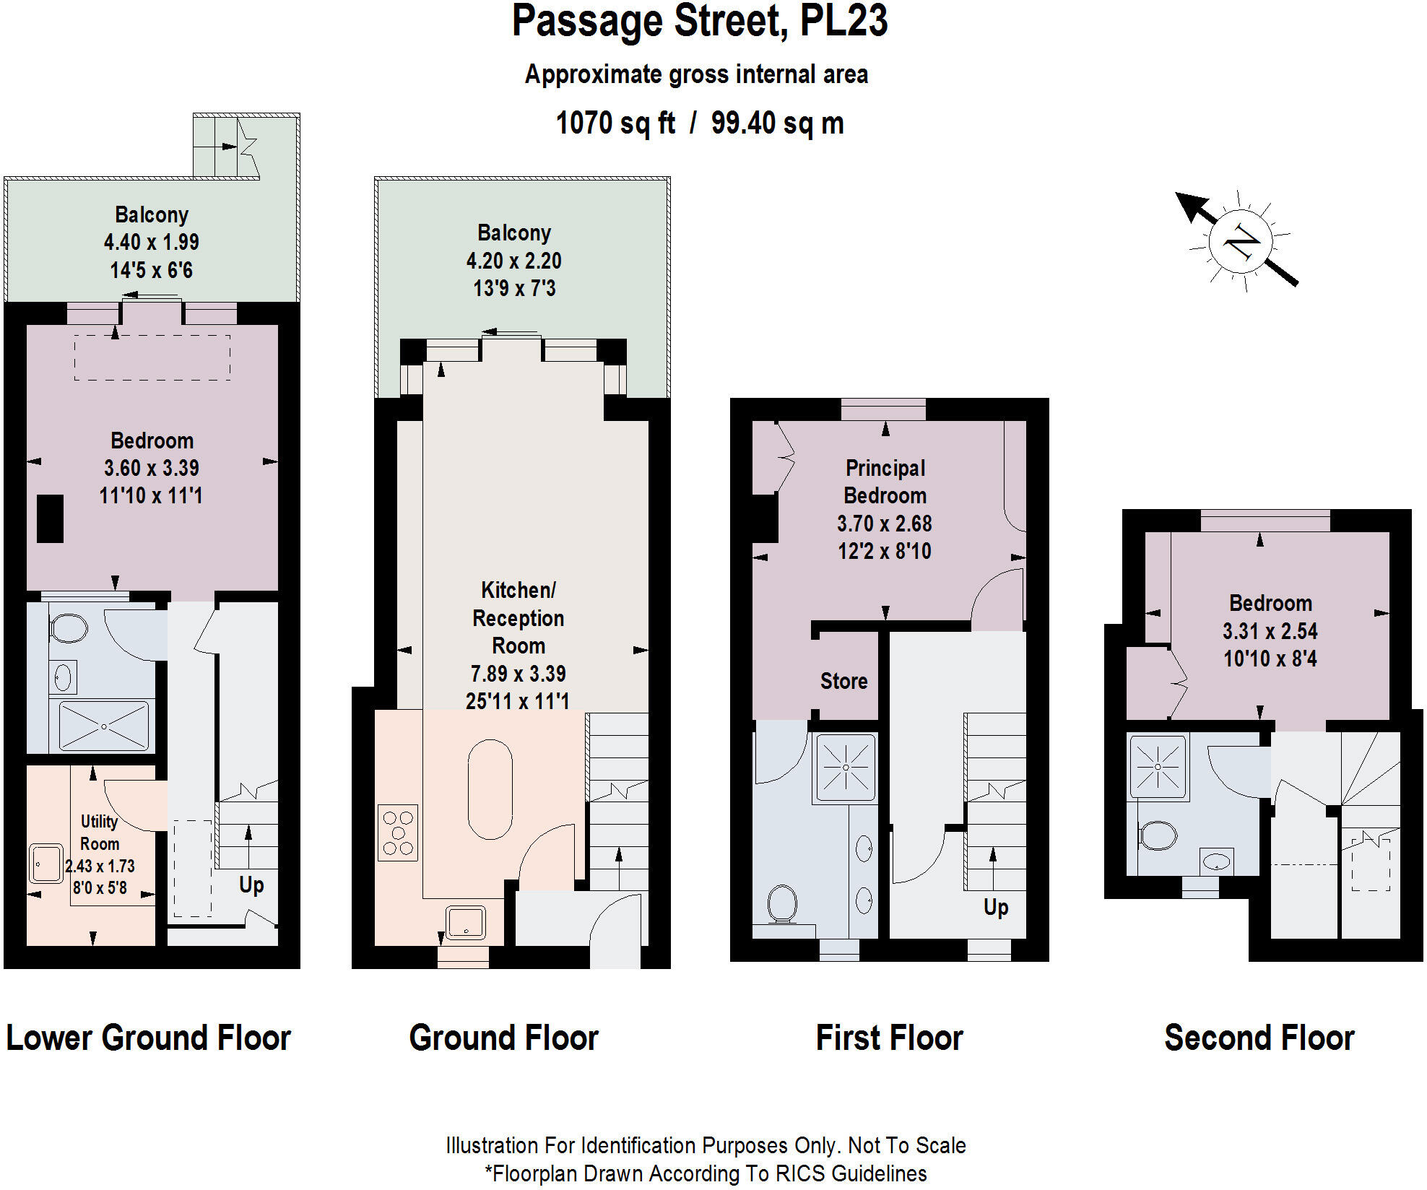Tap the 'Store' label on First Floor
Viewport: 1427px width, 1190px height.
[843, 681]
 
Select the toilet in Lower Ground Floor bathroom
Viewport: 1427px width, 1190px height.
[69, 628]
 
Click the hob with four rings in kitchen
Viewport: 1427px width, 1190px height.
[398, 833]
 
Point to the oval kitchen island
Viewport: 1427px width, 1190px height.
[490, 789]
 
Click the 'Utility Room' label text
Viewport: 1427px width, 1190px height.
[99, 833]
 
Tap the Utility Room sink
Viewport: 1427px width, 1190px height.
[46, 864]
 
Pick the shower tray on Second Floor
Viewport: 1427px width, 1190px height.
[1158, 766]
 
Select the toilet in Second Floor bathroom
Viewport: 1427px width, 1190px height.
[1158, 836]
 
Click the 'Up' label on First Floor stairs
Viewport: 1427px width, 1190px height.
[996, 907]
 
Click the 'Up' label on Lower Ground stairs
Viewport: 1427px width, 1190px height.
[251, 885]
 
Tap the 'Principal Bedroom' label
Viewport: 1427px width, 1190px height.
[885, 482]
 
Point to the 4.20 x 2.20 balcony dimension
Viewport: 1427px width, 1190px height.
[513, 261]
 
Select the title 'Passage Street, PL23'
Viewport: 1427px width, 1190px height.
[699, 22]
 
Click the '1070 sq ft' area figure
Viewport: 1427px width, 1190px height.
[615, 123]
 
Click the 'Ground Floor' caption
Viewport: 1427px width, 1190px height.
[503, 1038]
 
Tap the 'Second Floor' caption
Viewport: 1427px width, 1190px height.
[1259, 1038]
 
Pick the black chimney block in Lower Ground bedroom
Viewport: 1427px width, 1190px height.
[50, 518]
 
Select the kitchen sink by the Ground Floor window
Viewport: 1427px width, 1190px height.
[466, 922]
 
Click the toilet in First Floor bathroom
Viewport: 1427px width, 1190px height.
[782, 904]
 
